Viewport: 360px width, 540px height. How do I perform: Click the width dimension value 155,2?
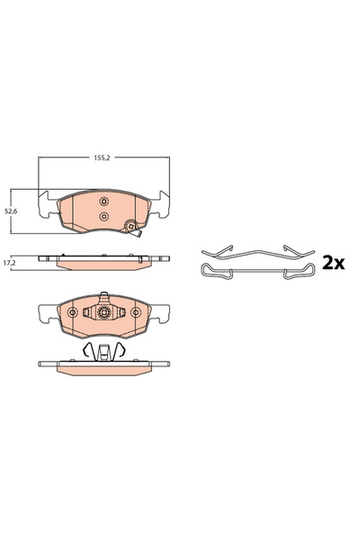click(103, 157)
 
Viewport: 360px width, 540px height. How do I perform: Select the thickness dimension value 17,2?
click(11, 262)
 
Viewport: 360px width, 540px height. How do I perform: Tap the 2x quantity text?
click(334, 262)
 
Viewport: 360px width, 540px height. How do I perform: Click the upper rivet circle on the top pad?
click(103, 201)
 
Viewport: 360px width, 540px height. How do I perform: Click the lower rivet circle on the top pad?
click(103, 217)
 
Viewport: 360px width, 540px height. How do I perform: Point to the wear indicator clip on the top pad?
click(135, 229)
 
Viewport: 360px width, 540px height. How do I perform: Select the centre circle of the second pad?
click(103, 313)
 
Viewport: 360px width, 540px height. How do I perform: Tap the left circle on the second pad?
click(72, 313)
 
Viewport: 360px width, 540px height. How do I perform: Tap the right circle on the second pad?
click(135, 313)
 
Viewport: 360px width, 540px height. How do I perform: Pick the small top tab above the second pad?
click(103, 295)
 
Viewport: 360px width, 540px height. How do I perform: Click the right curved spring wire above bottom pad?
click(123, 350)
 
